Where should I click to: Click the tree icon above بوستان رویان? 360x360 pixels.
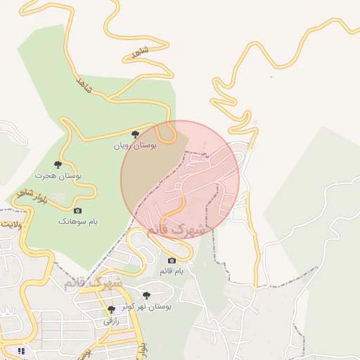pyautogui.click(x=136, y=134)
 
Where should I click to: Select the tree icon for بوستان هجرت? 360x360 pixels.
pyautogui.click(x=58, y=164)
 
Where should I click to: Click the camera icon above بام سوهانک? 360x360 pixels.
pyautogui.click(x=77, y=210)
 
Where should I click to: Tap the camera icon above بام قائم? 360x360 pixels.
pyautogui.click(x=172, y=261)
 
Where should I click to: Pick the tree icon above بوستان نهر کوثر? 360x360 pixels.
pyautogui.click(x=146, y=296)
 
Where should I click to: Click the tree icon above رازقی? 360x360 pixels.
pyautogui.click(x=111, y=309)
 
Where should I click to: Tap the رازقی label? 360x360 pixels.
pyautogui.click(x=111, y=321)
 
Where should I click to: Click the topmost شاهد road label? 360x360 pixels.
pyautogui.click(x=141, y=53)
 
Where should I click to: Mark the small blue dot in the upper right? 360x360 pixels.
pyautogui.click(x=271, y=77)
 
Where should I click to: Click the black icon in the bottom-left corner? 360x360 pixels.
pyautogui.click(x=22, y=349)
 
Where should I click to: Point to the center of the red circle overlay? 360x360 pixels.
pyautogui.click(x=180, y=180)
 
